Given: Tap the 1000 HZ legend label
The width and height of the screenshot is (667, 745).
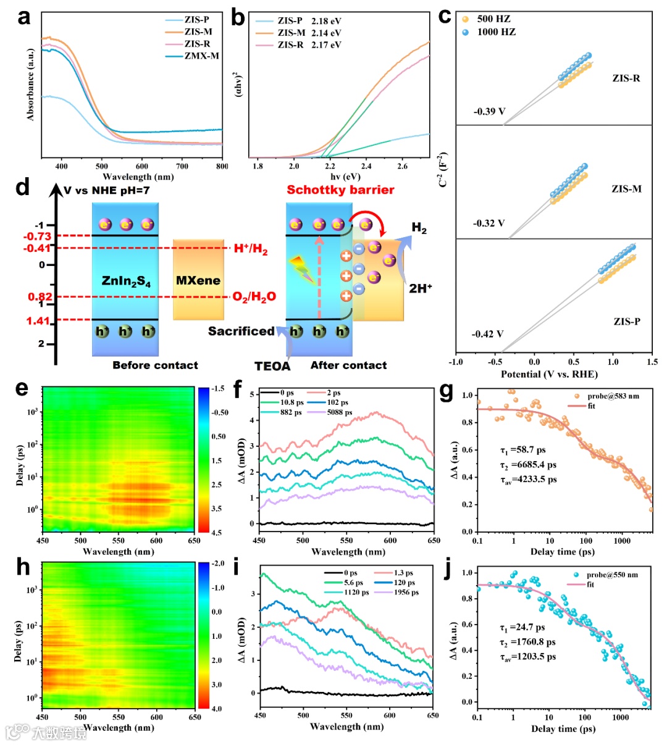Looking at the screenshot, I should [496, 32].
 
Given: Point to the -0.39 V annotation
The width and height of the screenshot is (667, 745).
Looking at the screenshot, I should [489, 112].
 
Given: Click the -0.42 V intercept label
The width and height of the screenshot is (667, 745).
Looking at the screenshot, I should [488, 334].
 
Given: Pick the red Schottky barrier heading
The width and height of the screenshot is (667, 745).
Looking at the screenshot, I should [340, 189].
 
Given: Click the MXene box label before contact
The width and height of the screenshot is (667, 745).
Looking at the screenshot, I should [198, 281].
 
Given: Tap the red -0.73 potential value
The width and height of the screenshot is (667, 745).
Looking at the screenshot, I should [38, 236].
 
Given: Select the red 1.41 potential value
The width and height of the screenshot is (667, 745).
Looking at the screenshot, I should [38, 320].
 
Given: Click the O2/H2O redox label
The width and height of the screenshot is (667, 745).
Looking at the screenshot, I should [254, 297].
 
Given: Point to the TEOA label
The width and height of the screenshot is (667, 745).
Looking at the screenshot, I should [272, 366].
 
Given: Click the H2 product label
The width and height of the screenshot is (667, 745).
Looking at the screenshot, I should [419, 229].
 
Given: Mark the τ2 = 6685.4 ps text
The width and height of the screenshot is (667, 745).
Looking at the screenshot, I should [528, 465].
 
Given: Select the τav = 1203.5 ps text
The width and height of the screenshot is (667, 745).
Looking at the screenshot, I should [527, 657].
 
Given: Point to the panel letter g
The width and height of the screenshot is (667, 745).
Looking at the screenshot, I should [446, 392].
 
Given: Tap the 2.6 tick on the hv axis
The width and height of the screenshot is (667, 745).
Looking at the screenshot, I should [402, 166].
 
